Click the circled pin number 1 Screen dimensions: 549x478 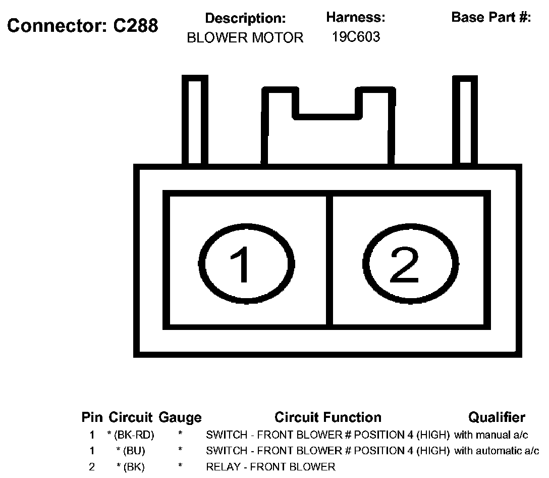tap(246, 264)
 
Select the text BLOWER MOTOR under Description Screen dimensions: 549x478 tap(245, 38)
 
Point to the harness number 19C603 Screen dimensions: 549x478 tap(356, 37)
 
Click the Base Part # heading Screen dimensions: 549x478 tap(491, 18)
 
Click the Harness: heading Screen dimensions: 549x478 tap(356, 18)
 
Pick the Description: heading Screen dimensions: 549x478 tap(245, 19)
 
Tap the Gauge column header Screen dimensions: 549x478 tap(180, 418)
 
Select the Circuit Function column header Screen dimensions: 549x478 tap(328, 417)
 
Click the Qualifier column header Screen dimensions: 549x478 tap(497, 417)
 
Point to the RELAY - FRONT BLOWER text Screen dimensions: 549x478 tap(270, 466)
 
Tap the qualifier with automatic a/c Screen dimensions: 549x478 tap(497, 451)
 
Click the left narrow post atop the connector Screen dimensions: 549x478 tap(194, 121)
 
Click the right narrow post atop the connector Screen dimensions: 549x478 tap(465, 121)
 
